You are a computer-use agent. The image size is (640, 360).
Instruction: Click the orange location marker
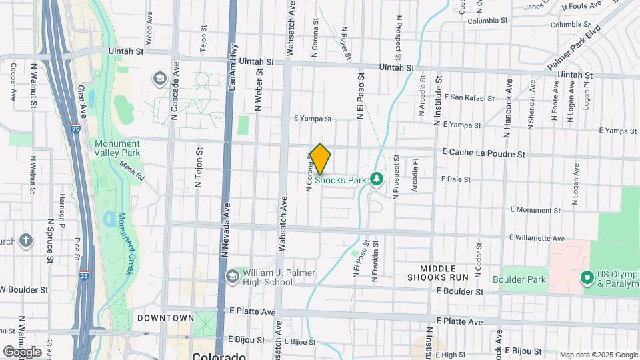coord(320,159)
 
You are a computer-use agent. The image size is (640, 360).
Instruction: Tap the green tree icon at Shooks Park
coord(377,179)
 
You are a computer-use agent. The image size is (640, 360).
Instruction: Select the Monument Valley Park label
coord(117,148)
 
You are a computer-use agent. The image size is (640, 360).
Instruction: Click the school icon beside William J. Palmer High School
coord(232,277)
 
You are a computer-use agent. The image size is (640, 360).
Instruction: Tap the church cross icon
coord(26,241)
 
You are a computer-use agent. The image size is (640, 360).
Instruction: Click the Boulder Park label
coord(519,279)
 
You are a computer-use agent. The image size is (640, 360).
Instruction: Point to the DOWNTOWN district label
coord(166,318)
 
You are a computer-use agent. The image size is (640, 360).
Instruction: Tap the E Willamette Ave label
coord(537,238)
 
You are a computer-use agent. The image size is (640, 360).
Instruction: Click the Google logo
coord(22,351)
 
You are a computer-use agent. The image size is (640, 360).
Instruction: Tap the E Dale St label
coord(455,179)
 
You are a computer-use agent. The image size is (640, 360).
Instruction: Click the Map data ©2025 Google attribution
coord(598,355)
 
